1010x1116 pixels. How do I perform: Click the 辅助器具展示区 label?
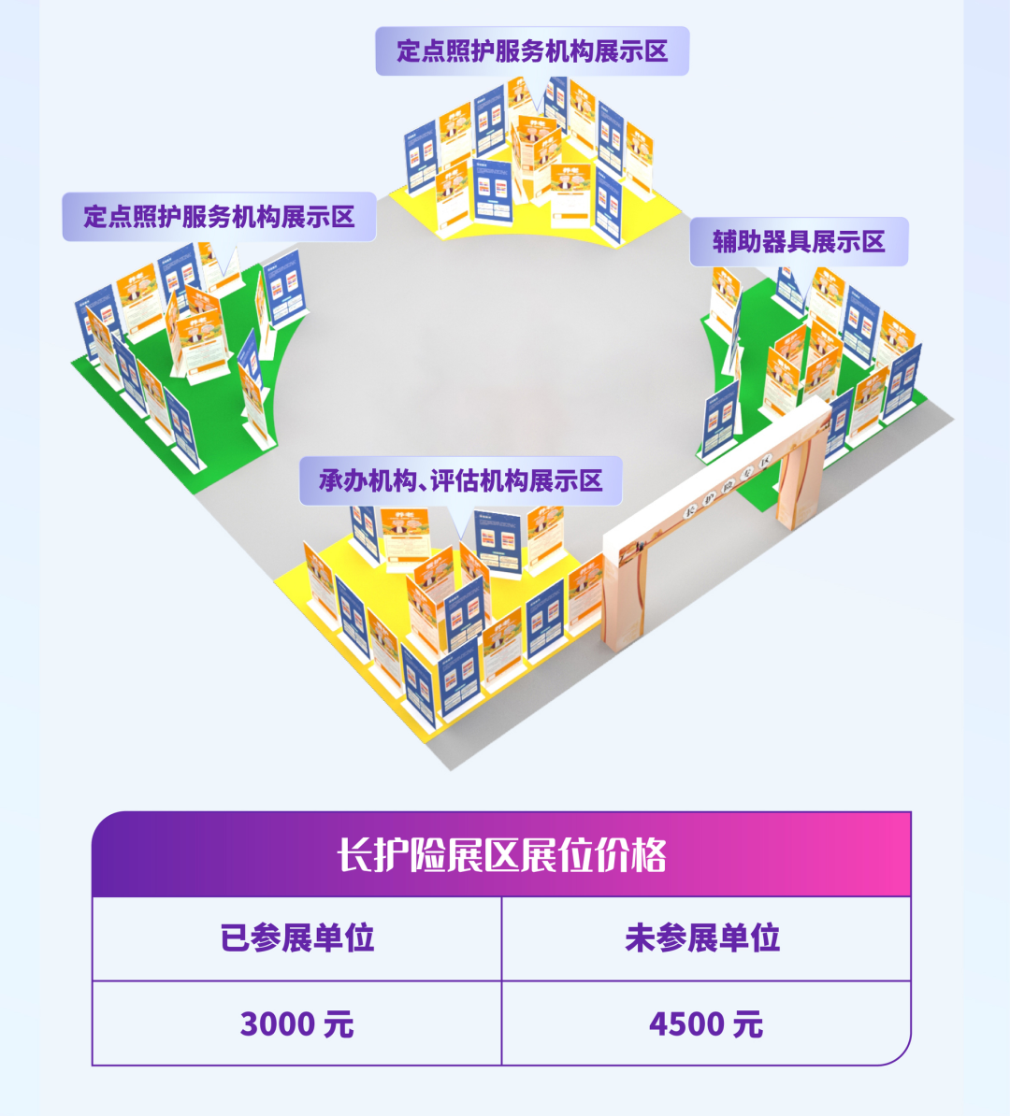point(799,242)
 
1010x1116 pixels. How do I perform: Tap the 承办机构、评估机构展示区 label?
point(460,481)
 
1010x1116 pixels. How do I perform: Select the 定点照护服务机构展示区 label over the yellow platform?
point(532,51)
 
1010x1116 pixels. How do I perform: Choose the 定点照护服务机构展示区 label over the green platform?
point(219,217)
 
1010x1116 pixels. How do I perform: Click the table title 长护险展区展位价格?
point(501,855)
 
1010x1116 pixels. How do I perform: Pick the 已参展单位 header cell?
point(296,938)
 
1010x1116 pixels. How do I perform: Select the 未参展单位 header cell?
point(706,938)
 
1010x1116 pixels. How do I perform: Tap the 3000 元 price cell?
point(296,1024)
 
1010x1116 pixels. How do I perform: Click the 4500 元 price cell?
point(706,1024)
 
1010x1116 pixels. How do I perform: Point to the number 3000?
point(277,1024)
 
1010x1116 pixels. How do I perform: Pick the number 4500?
point(686,1024)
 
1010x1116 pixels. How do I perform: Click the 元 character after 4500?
point(748,1024)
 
